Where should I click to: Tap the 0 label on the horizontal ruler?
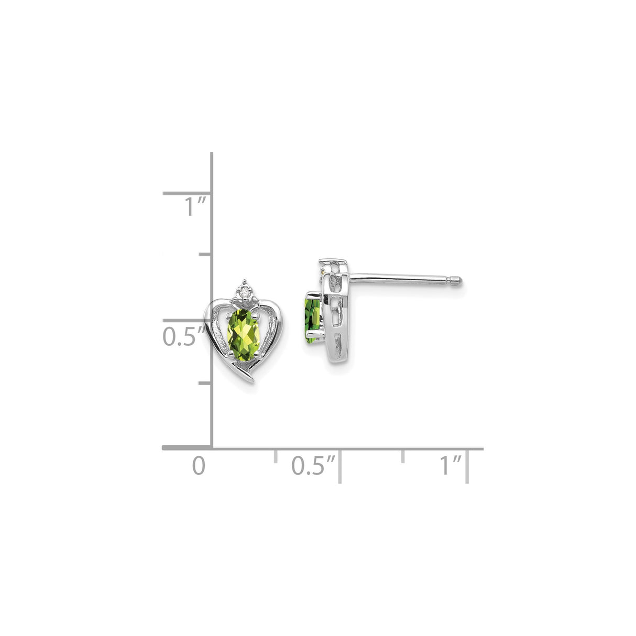coord(198,466)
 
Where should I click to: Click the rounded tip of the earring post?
coord(459,281)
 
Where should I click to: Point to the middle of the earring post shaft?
coord(403,278)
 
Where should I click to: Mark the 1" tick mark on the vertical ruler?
coord(187,193)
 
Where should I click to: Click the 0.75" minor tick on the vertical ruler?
coord(205,254)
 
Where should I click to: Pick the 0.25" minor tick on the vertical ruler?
coord(205,383)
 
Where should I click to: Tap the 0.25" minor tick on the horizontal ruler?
coord(276,455)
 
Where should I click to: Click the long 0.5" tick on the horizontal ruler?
coord(340,465)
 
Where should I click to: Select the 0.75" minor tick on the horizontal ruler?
coord(403,455)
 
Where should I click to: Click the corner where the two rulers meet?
coord(212,448)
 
